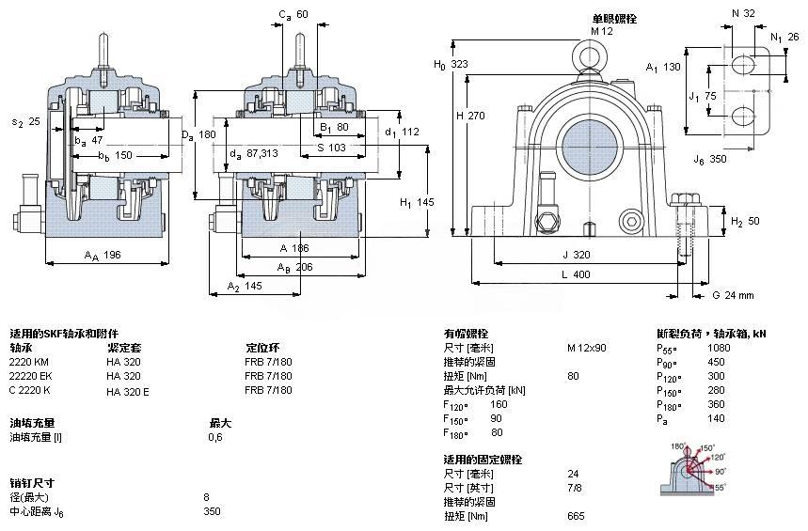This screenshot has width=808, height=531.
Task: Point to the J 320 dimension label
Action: point(577,254)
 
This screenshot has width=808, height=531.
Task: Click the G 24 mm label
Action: point(733,295)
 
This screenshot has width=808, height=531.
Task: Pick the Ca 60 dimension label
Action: point(293,14)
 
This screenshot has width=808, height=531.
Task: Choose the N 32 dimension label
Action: point(743,14)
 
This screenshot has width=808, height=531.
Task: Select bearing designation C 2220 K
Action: point(30,390)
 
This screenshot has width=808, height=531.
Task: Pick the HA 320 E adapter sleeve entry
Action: point(128,390)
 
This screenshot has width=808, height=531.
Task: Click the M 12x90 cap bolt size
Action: point(586,348)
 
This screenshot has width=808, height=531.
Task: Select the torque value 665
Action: point(576,516)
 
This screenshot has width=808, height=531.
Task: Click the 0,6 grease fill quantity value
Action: point(214,437)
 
